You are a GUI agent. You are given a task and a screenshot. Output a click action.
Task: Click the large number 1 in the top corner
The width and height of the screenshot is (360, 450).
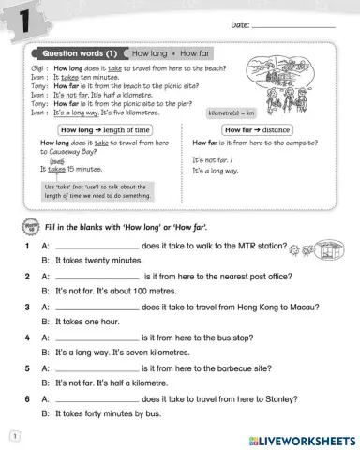coord(19,20)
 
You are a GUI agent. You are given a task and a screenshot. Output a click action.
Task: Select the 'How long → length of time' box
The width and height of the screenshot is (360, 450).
coord(105,129)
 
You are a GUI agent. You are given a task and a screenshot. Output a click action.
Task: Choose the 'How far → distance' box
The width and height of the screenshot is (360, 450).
coord(254,129)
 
